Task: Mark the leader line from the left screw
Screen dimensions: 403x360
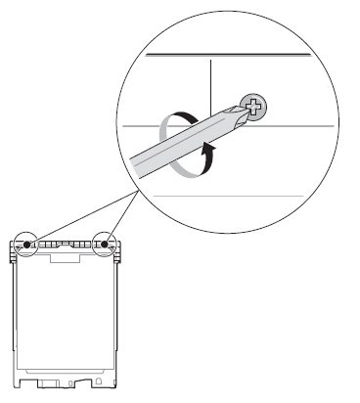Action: point(78,215)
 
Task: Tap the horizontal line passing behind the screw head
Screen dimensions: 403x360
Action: point(293,126)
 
